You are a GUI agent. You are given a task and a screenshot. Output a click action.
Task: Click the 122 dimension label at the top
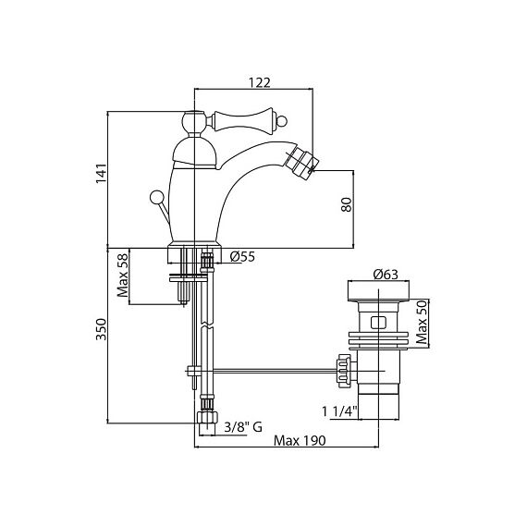point(259,82)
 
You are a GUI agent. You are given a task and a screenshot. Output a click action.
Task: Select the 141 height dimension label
point(101,174)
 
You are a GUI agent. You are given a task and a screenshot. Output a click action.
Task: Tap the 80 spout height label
point(346,204)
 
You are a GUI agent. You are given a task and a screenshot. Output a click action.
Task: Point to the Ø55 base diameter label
point(242,257)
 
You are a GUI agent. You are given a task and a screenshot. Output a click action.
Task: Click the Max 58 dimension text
point(123,276)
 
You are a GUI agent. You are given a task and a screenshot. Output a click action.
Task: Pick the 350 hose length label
point(101,329)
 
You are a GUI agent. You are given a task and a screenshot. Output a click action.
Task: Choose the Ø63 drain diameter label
point(386,275)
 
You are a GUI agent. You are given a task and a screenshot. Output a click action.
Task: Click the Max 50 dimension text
point(422,323)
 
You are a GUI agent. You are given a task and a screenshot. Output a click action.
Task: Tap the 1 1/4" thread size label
point(339,411)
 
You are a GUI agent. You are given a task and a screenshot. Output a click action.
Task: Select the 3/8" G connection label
point(243,427)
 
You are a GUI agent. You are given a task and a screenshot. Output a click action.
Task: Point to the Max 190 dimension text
point(300,440)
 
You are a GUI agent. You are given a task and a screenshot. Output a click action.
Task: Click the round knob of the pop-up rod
point(156,197)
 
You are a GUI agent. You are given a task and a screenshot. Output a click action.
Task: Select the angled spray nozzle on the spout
point(301,164)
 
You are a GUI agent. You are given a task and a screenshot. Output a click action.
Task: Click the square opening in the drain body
point(378,323)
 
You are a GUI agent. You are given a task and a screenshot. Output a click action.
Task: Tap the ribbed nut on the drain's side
point(343,371)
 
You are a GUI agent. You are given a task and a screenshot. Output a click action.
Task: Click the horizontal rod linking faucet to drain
point(274,371)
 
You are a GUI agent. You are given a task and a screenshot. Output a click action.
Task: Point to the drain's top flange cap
point(378,291)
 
